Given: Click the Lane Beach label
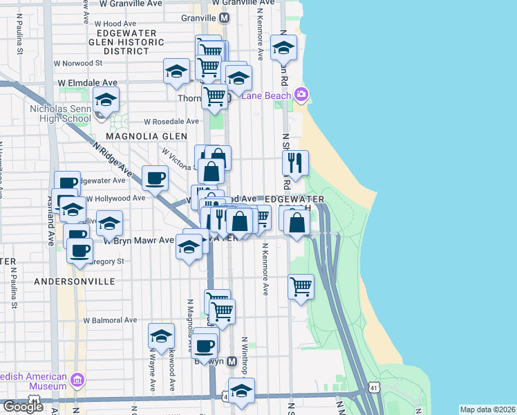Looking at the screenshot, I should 266,95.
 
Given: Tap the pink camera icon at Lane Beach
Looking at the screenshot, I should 301,94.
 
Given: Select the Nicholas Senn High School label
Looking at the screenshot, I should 60,113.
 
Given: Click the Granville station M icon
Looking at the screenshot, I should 225,17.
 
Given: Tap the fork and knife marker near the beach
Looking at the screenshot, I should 296,163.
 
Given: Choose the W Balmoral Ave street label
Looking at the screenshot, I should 110,320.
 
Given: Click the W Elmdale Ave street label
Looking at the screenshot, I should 88,82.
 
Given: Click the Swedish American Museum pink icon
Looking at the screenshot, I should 77,380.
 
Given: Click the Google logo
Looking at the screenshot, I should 23,407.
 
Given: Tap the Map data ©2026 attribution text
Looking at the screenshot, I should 487,409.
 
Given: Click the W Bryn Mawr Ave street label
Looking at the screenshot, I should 138,241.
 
